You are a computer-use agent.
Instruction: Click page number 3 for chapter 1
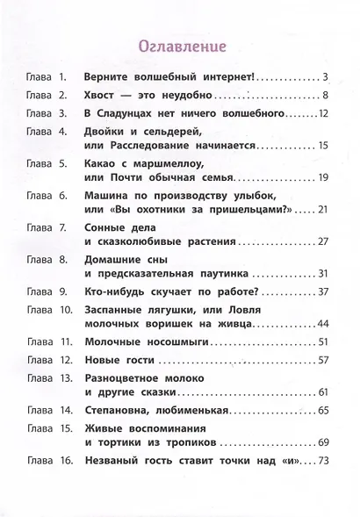tap(325, 78)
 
